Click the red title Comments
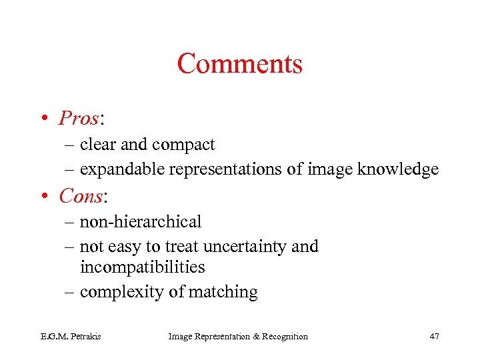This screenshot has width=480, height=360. coord(240,64)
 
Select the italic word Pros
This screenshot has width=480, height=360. coord(78,119)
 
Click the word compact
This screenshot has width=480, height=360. coord(183,145)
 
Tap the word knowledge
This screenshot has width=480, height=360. coord(398,169)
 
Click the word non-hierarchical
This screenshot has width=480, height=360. coord(140,221)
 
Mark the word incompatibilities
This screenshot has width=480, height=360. coord(142,267)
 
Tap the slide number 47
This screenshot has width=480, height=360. coord(434,337)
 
